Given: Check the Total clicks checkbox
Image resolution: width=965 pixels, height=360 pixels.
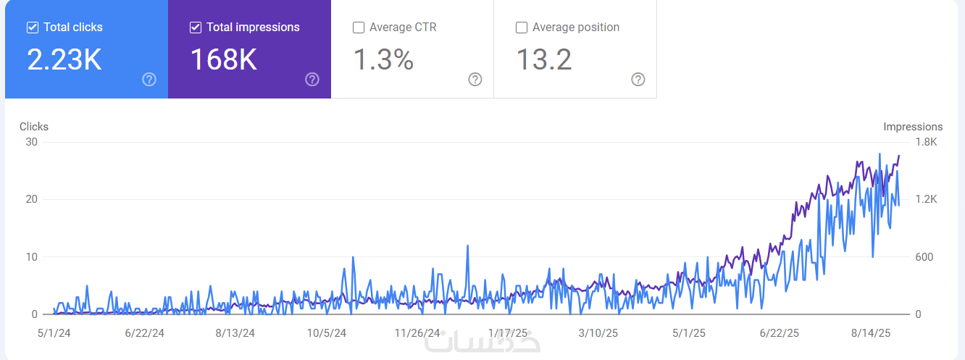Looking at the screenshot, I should pyautogui.click(x=32, y=28).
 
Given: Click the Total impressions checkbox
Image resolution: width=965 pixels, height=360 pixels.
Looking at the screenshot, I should pyautogui.click(x=195, y=28).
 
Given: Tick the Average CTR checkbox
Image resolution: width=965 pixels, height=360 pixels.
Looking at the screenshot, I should pyautogui.click(x=358, y=28).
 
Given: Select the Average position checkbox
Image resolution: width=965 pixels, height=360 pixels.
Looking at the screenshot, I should pyautogui.click(x=521, y=28).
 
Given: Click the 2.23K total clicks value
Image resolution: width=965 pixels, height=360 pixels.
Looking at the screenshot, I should pyautogui.click(x=64, y=59).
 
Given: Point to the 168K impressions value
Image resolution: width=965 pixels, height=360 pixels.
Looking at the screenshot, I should pyautogui.click(x=223, y=59).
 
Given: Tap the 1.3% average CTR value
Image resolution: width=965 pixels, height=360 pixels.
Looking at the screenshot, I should pyautogui.click(x=383, y=59).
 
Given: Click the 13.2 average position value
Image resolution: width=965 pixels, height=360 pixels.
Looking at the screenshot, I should pyautogui.click(x=543, y=59).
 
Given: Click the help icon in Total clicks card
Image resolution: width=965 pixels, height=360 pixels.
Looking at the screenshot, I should pyautogui.click(x=149, y=80).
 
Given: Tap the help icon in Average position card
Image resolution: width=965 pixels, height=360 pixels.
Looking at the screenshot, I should pyautogui.click(x=638, y=80).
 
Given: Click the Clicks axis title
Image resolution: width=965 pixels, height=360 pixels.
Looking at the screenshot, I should pyautogui.click(x=34, y=127).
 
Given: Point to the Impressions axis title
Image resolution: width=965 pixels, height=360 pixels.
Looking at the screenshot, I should pyautogui.click(x=913, y=127).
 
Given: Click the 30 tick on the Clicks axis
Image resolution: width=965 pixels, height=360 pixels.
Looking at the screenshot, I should pyautogui.click(x=31, y=142).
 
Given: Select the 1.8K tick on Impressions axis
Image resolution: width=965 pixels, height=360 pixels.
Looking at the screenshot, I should pyautogui.click(x=925, y=142).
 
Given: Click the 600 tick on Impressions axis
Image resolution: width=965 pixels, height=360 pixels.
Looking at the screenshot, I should pyautogui.click(x=924, y=257).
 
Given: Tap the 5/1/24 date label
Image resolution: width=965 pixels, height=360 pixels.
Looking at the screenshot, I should pyautogui.click(x=54, y=333).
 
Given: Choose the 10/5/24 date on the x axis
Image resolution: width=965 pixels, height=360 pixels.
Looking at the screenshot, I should pyautogui.click(x=327, y=333).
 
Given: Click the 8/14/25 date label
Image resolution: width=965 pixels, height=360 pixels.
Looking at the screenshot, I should pyautogui.click(x=870, y=333).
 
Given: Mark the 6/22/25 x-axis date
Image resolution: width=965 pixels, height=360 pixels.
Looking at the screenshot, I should pyautogui.click(x=780, y=333).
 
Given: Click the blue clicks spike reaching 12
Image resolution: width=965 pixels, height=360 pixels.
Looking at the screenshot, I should pyautogui.click(x=468, y=246).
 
